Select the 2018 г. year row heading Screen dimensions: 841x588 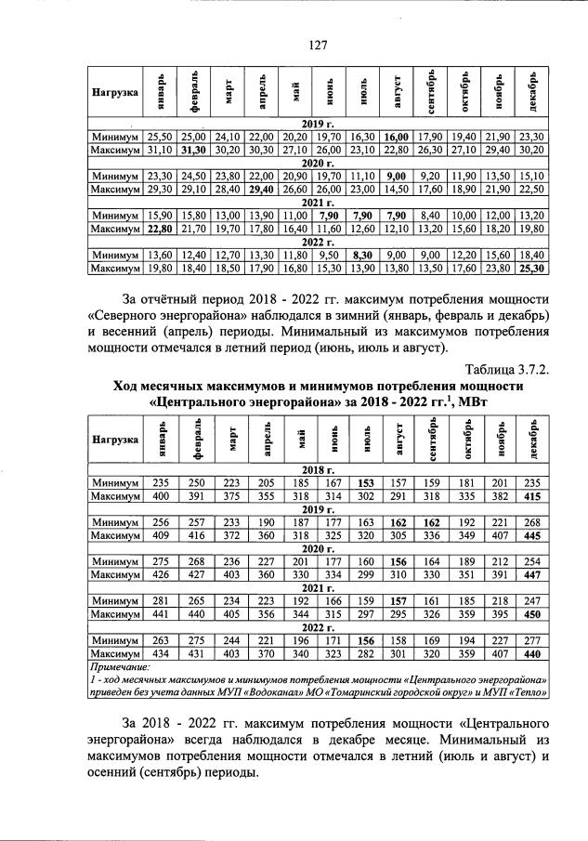318,470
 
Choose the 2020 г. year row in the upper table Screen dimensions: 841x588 318,163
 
